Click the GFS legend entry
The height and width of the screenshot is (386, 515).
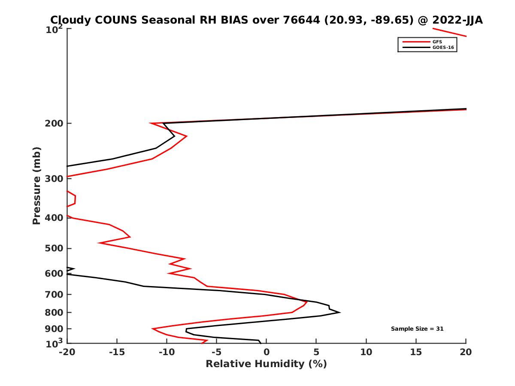pos(437,42)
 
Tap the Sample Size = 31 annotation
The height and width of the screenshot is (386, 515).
pos(417,329)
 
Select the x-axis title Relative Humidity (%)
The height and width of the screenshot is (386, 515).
pos(266,364)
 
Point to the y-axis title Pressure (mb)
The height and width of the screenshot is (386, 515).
pos(36,185)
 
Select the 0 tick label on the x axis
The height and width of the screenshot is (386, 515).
pos(266,352)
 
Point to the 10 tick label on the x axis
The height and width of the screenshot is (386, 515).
pos(366,352)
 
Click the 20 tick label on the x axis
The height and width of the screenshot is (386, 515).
pos(466,352)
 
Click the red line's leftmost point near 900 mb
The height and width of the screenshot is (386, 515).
pos(153,329)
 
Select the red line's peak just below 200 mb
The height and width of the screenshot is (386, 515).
pos(186,136)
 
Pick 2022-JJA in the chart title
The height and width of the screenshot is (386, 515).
pos(457,20)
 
